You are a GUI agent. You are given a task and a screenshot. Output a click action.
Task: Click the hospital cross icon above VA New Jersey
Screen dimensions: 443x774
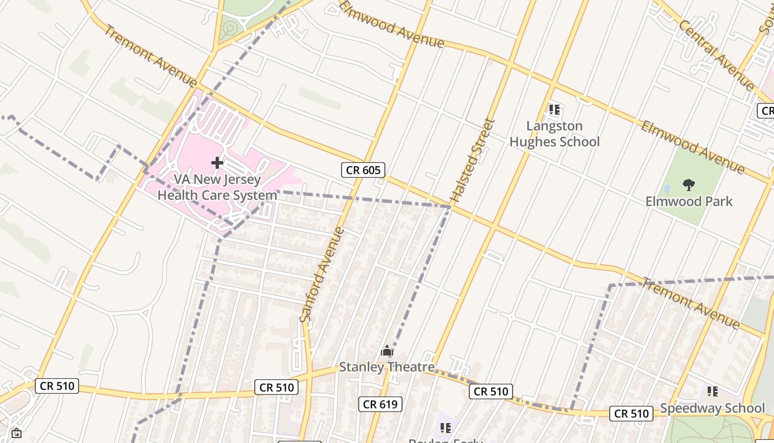click(x=217, y=163)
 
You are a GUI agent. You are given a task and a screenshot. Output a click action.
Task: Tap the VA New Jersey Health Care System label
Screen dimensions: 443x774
click(x=217, y=187)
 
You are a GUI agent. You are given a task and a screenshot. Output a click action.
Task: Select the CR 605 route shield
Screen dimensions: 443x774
click(x=363, y=170)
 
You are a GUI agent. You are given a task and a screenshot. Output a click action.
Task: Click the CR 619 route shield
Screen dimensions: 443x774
click(x=380, y=404)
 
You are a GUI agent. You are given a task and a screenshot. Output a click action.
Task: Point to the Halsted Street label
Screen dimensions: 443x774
click(x=473, y=161)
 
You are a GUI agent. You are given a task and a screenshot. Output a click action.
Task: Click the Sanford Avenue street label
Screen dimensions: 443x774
click(x=322, y=274)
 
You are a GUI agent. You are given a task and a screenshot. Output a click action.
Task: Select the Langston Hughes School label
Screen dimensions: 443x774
click(x=554, y=134)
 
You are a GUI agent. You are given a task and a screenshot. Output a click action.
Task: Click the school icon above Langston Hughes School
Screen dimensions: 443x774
click(x=554, y=110)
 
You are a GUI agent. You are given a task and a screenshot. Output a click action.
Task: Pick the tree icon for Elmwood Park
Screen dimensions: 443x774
click(x=688, y=184)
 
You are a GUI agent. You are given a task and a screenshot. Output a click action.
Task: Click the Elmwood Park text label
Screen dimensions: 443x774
click(x=688, y=201)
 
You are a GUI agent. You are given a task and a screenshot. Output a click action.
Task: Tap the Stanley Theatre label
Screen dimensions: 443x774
click(x=386, y=367)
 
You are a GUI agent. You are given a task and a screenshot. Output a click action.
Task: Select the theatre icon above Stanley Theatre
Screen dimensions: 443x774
click(x=386, y=351)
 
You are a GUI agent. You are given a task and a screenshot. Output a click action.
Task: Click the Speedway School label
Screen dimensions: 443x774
click(x=713, y=409)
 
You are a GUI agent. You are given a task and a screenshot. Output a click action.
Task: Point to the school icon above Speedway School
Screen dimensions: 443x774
click(x=713, y=392)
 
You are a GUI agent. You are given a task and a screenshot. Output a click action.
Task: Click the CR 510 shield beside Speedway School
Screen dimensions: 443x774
click(x=631, y=413)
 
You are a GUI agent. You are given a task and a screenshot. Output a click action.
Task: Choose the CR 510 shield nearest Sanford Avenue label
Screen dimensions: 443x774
click(x=276, y=387)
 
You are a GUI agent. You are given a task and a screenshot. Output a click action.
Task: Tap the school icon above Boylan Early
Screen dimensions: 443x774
click(x=446, y=427)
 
